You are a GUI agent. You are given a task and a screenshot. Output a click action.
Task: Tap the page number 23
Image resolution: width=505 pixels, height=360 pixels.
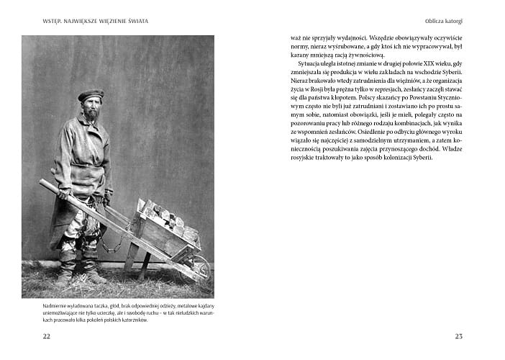pos(459,336)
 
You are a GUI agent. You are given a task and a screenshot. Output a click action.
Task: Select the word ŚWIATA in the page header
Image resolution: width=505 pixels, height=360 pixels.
pos(135,20)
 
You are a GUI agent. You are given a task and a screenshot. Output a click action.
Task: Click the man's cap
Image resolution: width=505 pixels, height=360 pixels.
pos(90,94)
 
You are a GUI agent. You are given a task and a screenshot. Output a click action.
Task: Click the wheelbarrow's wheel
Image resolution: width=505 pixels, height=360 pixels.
pos(202,269)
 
